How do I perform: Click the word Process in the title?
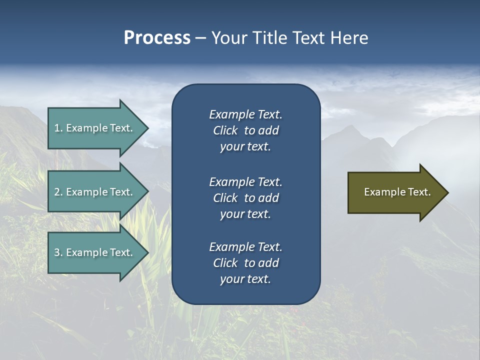coord(157,38)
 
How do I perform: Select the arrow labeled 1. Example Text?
coord(95,128)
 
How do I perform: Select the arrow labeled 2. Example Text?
coord(95,192)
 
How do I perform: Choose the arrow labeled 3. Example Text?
coord(95,252)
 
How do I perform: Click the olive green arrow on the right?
coord(395,192)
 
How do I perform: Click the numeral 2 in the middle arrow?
coord(57,192)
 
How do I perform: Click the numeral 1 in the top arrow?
coord(57,128)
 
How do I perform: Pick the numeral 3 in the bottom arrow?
coord(57,252)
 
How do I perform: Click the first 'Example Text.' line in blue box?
coord(245,114)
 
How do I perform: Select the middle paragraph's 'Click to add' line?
coord(245,198)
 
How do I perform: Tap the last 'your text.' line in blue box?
coord(245,279)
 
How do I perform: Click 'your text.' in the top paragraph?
coord(245,146)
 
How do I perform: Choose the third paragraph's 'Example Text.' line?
coord(245,247)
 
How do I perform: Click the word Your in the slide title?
coord(229,38)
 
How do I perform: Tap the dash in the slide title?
coord(200,38)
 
